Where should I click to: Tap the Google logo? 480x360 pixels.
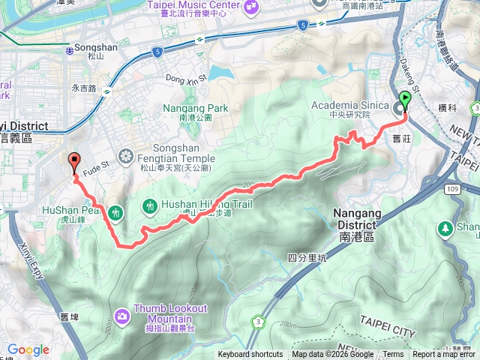28,349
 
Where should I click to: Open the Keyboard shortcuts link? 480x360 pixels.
250,355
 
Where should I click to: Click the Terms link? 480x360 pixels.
393,355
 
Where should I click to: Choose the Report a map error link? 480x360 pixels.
444,355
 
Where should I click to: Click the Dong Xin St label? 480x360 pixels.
184,78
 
